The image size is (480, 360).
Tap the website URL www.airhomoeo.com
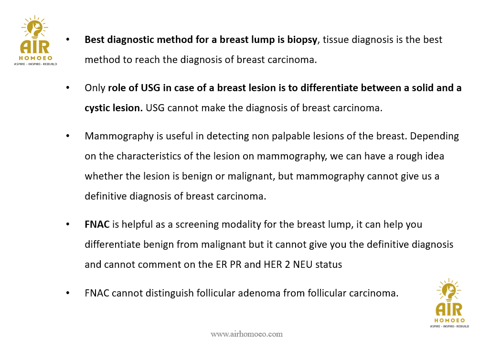coord(246,334)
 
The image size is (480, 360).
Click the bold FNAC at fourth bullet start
coord(97,224)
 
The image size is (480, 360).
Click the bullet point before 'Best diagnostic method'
coord(68,40)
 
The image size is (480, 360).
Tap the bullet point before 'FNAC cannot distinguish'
coord(68,293)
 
